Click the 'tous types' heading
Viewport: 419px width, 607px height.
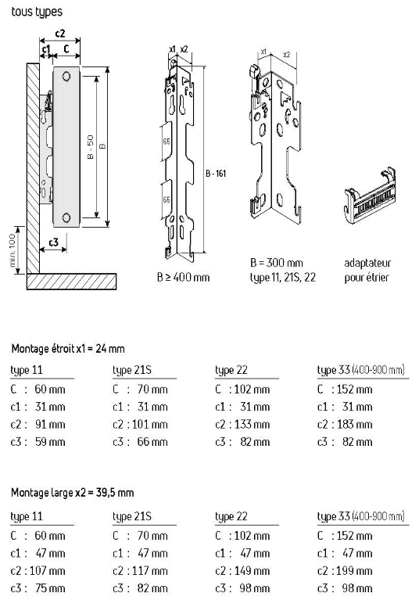click(x=37, y=12)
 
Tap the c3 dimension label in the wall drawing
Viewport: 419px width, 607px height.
click(x=53, y=242)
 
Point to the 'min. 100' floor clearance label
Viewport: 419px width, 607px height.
click(x=13, y=250)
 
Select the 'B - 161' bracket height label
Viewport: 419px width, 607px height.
click(x=216, y=174)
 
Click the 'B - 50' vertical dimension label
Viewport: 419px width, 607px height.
click(x=91, y=147)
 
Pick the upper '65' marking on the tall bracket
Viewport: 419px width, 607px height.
click(x=167, y=142)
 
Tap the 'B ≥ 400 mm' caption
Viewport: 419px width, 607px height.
click(x=184, y=277)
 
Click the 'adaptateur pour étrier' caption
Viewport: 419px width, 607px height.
click(x=367, y=270)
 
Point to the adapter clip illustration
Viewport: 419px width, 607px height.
click(x=371, y=196)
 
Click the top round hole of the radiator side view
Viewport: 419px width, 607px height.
click(x=66, y=76)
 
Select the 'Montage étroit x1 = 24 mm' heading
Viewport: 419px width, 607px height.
click(x=68, y=349)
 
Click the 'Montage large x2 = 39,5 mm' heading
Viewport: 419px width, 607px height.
click(x=73, y=493)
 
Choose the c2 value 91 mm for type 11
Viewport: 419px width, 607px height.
click(x=50, y=424)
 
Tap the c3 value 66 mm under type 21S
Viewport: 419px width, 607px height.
click(x=152, y=442)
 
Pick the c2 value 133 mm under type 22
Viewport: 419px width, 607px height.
click(x=252, y=424)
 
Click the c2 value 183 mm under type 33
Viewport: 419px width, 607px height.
click(x=355, y=424)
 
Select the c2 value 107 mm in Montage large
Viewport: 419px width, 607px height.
click(x=47, y=570)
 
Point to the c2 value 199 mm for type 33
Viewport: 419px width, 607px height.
click(x=355, y=570)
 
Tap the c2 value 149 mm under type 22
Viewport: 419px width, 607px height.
click(x=252, y=570)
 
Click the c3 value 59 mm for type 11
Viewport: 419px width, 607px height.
click(x=50, y=442)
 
